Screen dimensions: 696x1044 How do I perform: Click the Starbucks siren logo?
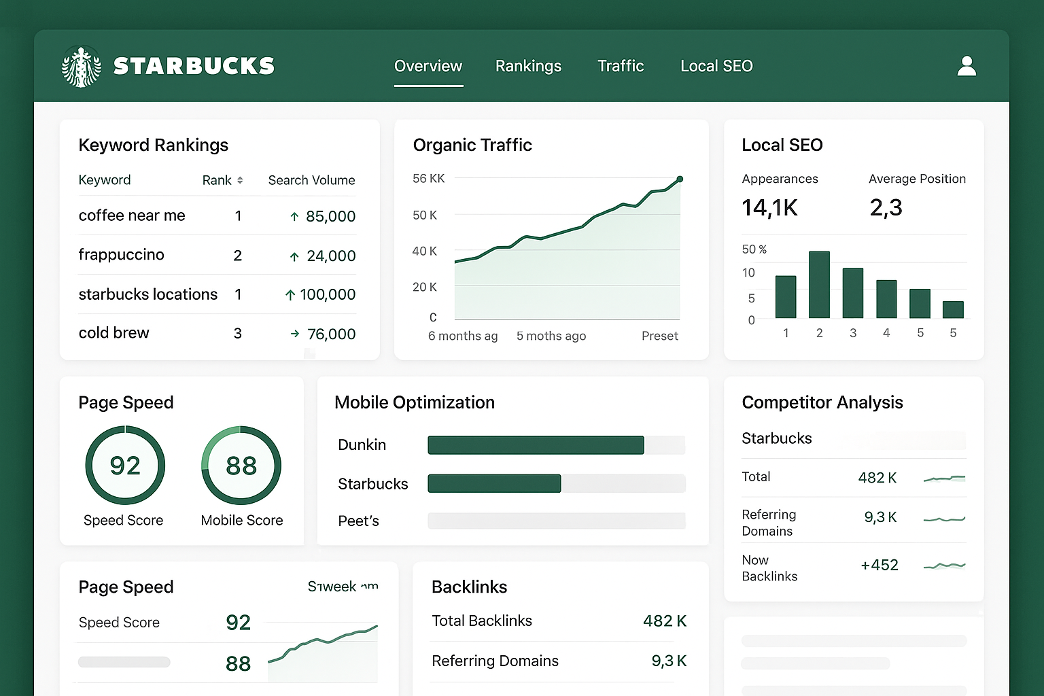tap(82, 67)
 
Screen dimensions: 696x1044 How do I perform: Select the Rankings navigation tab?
tap(528, 66)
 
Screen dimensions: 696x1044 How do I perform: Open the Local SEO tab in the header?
tap(716, 66)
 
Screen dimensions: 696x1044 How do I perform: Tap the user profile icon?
tap(966, 66)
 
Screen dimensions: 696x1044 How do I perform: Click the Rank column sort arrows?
tap(240, 180)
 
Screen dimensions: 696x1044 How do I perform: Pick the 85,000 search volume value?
tap(330, 216)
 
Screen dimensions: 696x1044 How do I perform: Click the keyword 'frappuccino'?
tap(121, 255)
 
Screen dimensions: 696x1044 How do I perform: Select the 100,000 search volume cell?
tap(327, 294)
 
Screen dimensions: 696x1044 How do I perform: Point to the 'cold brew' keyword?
tap(114, 333)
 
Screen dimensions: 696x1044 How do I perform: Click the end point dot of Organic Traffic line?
tap(680, 179)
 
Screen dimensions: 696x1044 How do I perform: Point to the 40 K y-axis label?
tap(424, 251)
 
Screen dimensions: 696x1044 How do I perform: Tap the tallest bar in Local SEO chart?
tap(819, 285)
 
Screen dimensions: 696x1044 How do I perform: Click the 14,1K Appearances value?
tap(769, 207)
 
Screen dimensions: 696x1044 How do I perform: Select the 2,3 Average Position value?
tap(886, 207)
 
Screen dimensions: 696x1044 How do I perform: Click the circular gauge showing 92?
tap(125, 466)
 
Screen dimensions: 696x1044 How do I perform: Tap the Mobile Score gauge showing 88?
tap(241, 466)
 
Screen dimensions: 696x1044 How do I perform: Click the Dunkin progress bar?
tap(536, 445)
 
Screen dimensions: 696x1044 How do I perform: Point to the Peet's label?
tap(358, 521)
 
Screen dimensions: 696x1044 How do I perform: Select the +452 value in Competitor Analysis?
tap(879, 565)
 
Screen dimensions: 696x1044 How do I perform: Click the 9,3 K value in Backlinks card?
tap(669, 661)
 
